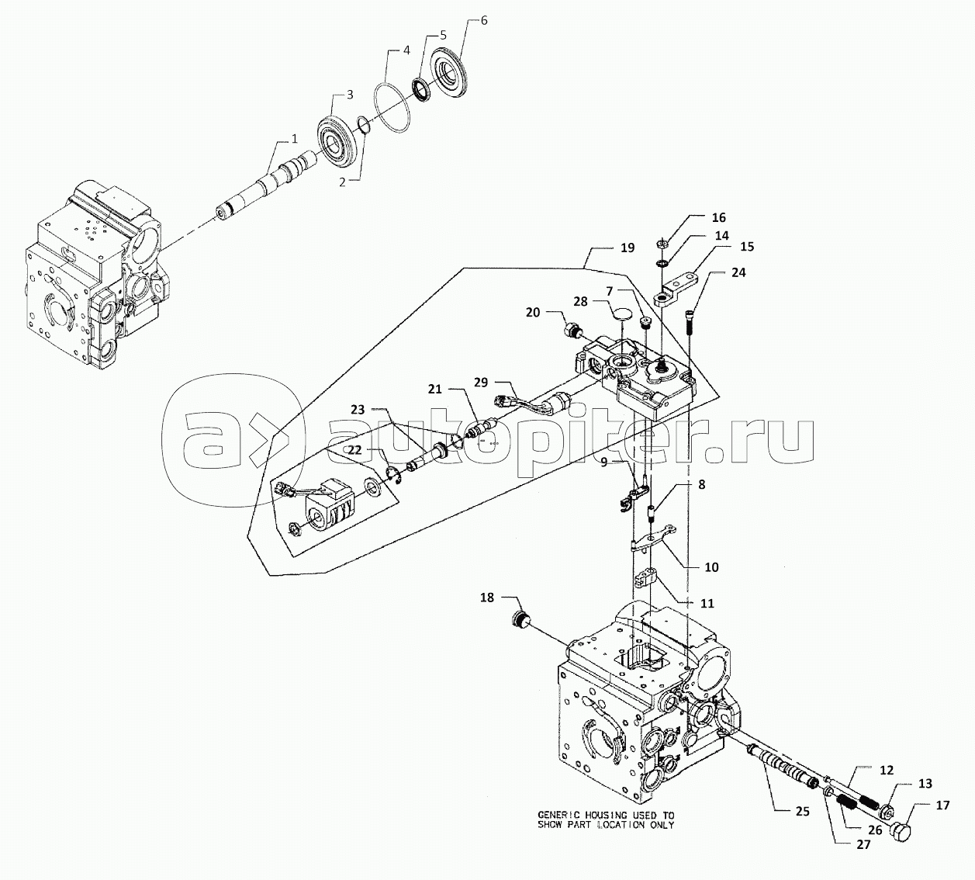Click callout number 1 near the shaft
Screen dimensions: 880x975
(x=294, y=139)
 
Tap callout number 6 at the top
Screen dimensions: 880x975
(x=484, y=21)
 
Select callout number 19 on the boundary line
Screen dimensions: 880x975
(x=628, y=248)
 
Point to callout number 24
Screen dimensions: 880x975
(x=738, y=272)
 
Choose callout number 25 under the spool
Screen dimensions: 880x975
(x=802, y=812)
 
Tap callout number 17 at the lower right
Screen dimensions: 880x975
(x=942, y=806)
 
